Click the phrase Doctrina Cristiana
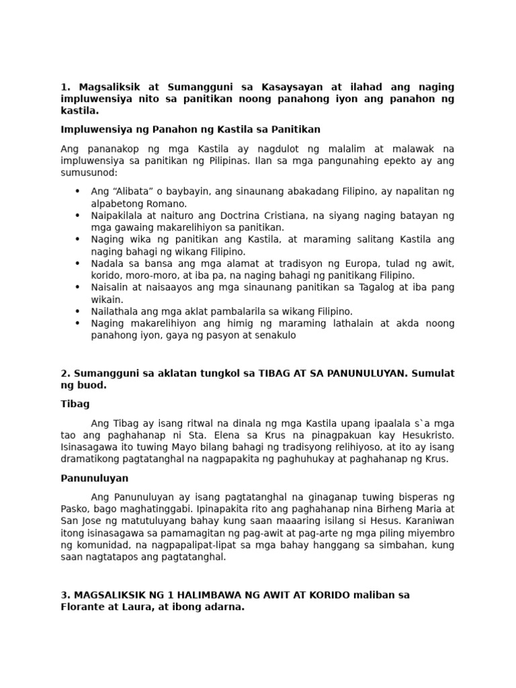pyautogui.click(x=232, y=216)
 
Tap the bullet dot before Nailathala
pyautogui.click(x=78, y=312)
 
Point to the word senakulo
pyautogui.click(x=274, y=335)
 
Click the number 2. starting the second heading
pyautogui.click(x=65, y=374)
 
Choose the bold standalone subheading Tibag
pyautogui.click(x=75, y=404)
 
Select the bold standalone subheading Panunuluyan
pyautogui.click(x=94, y=478)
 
